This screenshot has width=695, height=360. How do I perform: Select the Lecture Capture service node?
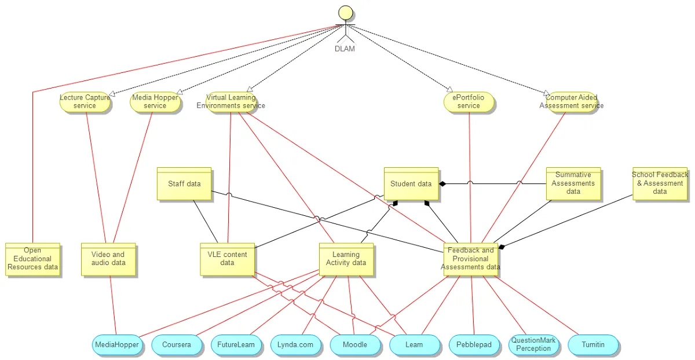85,102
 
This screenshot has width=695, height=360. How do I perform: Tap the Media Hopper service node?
155,102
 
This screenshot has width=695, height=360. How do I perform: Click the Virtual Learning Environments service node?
231,102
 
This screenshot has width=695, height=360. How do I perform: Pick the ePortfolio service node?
469,102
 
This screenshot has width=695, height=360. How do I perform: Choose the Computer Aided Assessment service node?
571,102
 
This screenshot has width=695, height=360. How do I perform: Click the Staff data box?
184,184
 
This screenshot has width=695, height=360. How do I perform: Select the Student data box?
411,184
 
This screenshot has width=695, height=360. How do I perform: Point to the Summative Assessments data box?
573,184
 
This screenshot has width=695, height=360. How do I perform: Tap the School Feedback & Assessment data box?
660,184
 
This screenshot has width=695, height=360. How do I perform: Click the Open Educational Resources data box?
32,259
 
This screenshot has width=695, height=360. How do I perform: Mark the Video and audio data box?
108,259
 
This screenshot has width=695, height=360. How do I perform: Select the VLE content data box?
227,259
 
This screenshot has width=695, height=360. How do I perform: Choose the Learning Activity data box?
346,259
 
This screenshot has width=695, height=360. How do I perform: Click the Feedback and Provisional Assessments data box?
470,259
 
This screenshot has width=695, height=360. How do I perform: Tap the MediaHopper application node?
116,345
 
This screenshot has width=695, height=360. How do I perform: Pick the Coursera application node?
177,345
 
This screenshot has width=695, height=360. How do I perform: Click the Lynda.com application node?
295,345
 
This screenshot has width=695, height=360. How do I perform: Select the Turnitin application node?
593,345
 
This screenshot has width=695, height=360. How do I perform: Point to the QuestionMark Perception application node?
533,345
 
